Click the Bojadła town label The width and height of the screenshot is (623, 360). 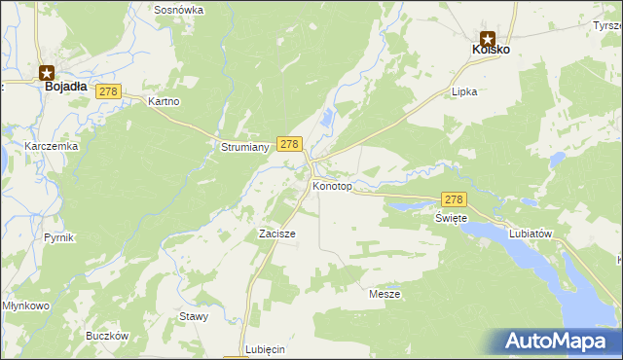(x=66, y=86)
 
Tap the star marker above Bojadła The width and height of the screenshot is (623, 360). (x=47, y=71)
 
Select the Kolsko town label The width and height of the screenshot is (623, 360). (x=491, y=49)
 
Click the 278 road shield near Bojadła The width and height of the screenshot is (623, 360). (x=107, y=91)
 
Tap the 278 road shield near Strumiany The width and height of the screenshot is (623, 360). (x=288, y=143)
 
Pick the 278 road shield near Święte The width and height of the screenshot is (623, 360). (x=455, y=198)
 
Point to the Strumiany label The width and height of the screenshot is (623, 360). (x=238, y=148)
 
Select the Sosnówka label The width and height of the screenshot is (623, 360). (x=178, y=9)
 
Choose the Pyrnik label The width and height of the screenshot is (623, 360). (x=58, y=237)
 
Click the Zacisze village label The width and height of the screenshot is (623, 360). (x=276, y=234)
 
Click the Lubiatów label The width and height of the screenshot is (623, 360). (x=531, y=234)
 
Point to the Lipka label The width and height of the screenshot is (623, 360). (x=463, y=91)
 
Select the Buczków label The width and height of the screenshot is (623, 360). (x=107, y=336)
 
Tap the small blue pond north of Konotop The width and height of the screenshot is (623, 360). (x=328, y=119)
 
